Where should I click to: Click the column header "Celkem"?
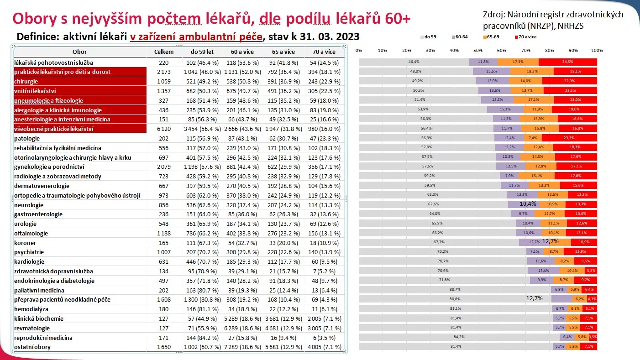[x=163, y=52]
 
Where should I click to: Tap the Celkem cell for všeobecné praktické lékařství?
[x=163, y=129]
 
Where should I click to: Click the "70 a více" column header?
[x=323, y=52]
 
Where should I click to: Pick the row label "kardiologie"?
[x=29, y=261]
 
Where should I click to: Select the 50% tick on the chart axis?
[x=478, y=50]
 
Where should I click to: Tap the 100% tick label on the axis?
[x=597, y=50]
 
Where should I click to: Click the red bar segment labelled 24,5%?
[x=568, y=62]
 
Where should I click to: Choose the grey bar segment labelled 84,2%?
[x=459, y=337]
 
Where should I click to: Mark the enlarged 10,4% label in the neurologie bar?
[x=528, y=204]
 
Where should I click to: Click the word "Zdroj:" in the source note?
[x=493, y=15]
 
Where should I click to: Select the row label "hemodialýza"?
[x=31, y=309]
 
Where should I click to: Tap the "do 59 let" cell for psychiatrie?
[x=202, y=252]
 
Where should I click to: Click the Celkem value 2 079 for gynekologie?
[x=163, y=167]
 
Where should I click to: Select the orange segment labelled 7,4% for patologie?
[x=533, y=138]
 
